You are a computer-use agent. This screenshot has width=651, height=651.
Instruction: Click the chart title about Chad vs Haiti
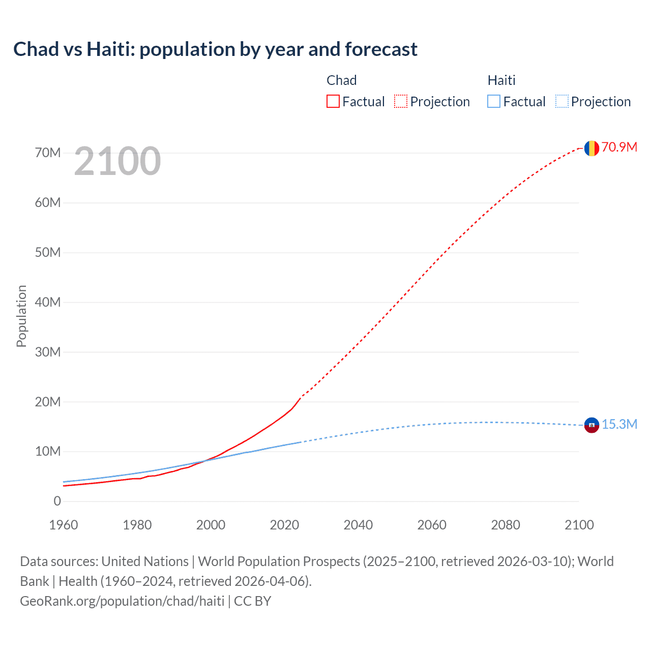tap(215, 49)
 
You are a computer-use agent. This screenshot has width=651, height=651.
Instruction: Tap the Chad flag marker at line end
tap(591, 148)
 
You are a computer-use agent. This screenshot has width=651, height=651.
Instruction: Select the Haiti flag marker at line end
tap(591, 425)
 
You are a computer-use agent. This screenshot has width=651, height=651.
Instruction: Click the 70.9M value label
tap(619, 147)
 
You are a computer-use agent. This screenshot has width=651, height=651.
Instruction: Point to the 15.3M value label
tap(619, 425)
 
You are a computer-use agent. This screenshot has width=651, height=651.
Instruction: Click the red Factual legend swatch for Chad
tap(333, 102)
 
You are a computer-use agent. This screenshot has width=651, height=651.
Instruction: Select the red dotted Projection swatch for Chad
tap(401, 102)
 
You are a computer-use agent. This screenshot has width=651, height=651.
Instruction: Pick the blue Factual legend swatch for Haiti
tap(493, 102)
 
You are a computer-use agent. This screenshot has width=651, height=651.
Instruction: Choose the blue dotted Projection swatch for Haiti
tap(561, 102)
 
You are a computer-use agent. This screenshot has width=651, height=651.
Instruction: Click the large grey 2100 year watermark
tap(117, 161)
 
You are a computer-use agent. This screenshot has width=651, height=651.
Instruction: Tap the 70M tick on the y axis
tap(48, 153)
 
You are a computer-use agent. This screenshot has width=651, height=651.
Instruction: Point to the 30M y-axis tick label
tap(48, 352)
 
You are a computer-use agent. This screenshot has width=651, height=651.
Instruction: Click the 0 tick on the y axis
tap(57, 501)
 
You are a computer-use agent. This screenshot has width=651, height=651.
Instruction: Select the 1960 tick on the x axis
tap(64, 525)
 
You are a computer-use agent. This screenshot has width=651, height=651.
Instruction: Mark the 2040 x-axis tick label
tap(358, 525)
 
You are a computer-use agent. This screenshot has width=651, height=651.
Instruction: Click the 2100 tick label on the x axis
tap(579, 525)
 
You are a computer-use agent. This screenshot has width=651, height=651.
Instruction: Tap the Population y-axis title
tap(21, 316)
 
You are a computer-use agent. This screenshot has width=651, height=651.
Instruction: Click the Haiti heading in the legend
tap(501, 80)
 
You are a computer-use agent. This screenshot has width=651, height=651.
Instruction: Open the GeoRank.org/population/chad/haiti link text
tap(122, 601)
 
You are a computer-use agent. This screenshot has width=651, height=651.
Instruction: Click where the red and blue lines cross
tap(204, 461)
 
